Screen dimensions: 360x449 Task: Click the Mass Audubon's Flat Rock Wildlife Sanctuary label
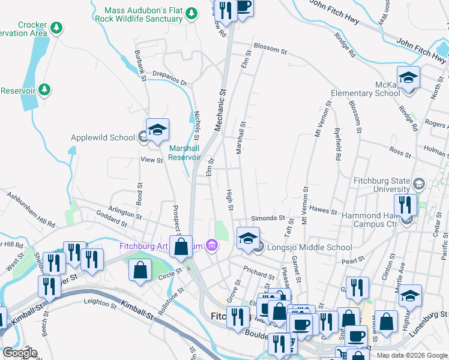click(x=143, y=14)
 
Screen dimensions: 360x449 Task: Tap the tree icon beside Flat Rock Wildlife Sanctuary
click(x=191, y=13)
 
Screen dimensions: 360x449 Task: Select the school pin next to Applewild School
click(x=157, y=130)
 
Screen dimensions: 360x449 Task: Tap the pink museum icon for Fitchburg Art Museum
click(x=211, y=245)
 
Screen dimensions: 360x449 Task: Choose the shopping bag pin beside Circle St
click(x=140, y=269)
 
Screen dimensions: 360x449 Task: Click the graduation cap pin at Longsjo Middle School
click(x=248, y=238)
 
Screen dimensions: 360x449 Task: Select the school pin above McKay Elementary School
click(x=408, y=77)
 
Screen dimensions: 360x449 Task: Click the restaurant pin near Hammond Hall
click(x=406, y=205)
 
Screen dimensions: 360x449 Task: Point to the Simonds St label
click(x=268, y=218)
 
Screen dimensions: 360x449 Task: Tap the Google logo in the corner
click(x=19, y=353)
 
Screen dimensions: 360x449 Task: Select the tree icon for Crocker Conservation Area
click(x=56, y=28)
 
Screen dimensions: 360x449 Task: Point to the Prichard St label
click(x=259, y=272)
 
